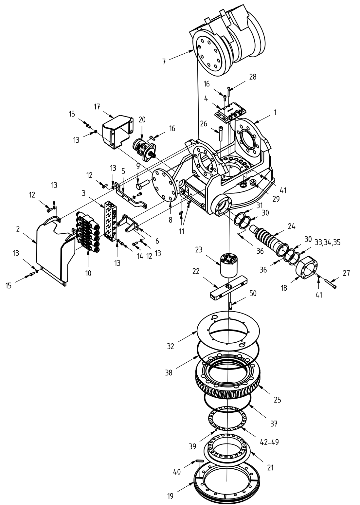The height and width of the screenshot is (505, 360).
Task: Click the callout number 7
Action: pyautogui.click(x=164, y=61)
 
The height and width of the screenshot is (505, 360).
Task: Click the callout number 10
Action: pyautogui.click(x=88, y=273)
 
